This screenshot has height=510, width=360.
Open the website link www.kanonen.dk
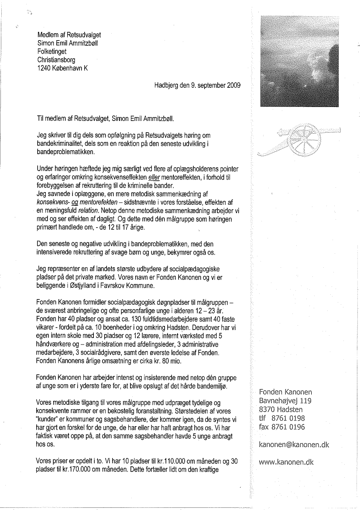[286, 462]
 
